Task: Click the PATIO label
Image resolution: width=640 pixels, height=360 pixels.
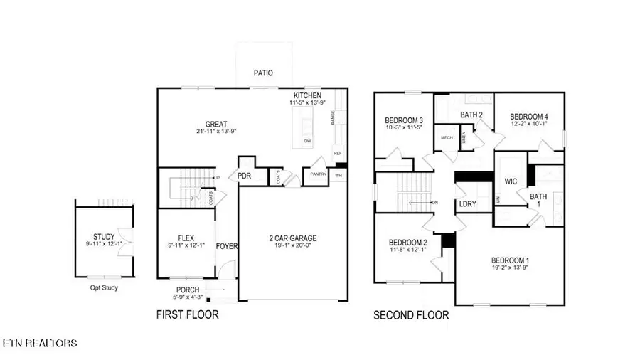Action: (263, 73)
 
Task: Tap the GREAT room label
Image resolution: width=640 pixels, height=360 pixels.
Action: (216, 124)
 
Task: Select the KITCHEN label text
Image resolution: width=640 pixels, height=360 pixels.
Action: (307, 95)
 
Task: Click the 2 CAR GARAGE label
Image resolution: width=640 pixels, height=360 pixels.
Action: (292, 238)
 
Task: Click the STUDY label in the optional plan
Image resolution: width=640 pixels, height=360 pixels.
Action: (104, 237)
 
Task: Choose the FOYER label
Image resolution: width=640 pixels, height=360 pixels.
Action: (228, 246)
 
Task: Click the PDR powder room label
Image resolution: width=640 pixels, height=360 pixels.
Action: (245, 176)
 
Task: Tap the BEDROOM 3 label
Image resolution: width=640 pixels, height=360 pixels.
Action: (404, 120)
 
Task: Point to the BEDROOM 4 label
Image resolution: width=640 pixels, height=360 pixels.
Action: (528, 117)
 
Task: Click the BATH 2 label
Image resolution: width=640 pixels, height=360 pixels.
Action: (471, 115)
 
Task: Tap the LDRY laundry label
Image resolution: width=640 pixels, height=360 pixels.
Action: (468, 204)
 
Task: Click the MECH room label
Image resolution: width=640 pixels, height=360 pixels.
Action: (447, 137)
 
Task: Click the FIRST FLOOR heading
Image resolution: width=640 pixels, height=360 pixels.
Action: (187, 314)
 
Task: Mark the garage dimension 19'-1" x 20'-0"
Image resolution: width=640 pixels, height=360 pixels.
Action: (292, 247)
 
